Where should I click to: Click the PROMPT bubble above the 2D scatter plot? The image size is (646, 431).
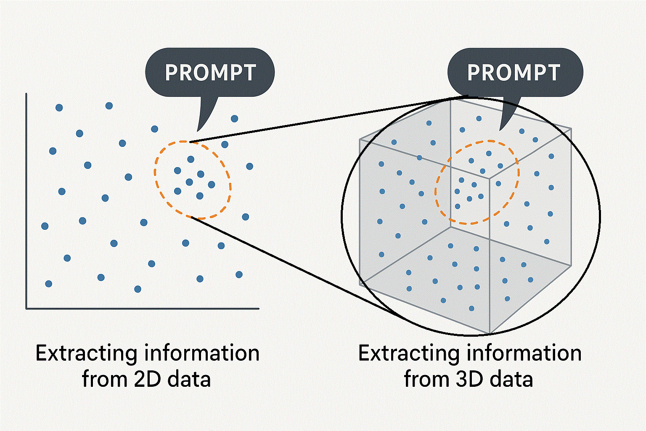point(210,72)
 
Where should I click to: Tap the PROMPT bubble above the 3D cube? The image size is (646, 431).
point(514,72)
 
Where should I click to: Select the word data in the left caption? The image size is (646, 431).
point(189,379)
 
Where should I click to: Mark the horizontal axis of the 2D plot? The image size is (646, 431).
point(143,309)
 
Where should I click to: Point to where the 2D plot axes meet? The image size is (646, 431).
point(26,309)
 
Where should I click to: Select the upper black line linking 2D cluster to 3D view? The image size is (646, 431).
point(320,120)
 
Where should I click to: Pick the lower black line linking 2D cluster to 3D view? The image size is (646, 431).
point(294,265)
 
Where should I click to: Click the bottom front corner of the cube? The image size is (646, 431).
point(490,333)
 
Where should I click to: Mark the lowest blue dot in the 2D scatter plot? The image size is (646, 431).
point(138,289)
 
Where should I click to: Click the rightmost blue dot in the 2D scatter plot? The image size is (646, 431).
point(249,166)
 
